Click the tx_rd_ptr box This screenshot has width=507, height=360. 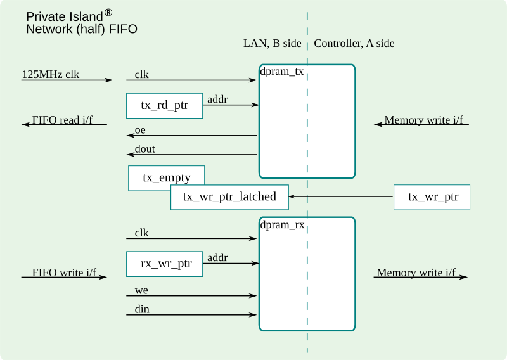[165, 106]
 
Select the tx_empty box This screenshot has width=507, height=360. [167, 178]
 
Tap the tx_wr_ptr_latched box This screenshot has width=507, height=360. [229, 197]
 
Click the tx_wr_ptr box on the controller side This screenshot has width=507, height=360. [433, 197]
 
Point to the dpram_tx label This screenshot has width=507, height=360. [282, 72]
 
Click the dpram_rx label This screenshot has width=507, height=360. [282, 224]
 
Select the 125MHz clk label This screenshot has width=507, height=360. [51, 74]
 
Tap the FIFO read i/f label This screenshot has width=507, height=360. [62, 120]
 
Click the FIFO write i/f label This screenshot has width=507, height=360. [65, 273]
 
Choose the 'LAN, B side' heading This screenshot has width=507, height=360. [273, 43]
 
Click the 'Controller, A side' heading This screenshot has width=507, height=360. [354, 43]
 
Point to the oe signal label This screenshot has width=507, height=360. [141, 131]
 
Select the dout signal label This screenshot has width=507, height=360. [144, 149]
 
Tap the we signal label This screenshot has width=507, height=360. [141, 290]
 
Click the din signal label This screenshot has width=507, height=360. [142, 309]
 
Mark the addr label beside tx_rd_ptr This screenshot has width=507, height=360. [217, 99]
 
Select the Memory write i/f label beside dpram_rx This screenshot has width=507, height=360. [416, 273]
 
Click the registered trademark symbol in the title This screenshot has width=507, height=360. [108, 12]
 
